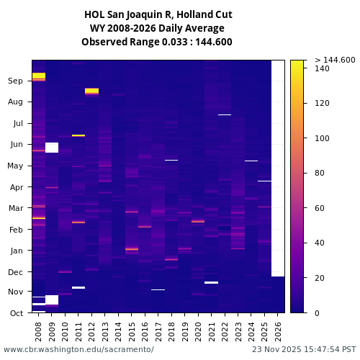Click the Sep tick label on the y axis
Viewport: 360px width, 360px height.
[16, 81]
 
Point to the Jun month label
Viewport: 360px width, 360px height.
[16, 145]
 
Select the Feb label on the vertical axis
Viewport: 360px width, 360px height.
[16, 230]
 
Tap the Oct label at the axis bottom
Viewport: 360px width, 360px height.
[16, 313]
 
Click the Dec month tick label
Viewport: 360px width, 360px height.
[16, 272]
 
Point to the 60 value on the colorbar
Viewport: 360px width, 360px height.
[321, 208]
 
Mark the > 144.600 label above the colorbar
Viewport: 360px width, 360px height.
[335, 60]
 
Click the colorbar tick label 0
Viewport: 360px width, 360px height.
[318, 313]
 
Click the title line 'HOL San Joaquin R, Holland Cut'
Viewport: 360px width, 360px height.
[158, 14]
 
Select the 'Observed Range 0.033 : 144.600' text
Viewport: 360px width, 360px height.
[158, 42]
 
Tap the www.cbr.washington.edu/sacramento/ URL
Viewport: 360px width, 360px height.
[78, 349]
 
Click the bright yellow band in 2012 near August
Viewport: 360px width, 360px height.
[91, 91]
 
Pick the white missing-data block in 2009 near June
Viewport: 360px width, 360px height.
[52, 148]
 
